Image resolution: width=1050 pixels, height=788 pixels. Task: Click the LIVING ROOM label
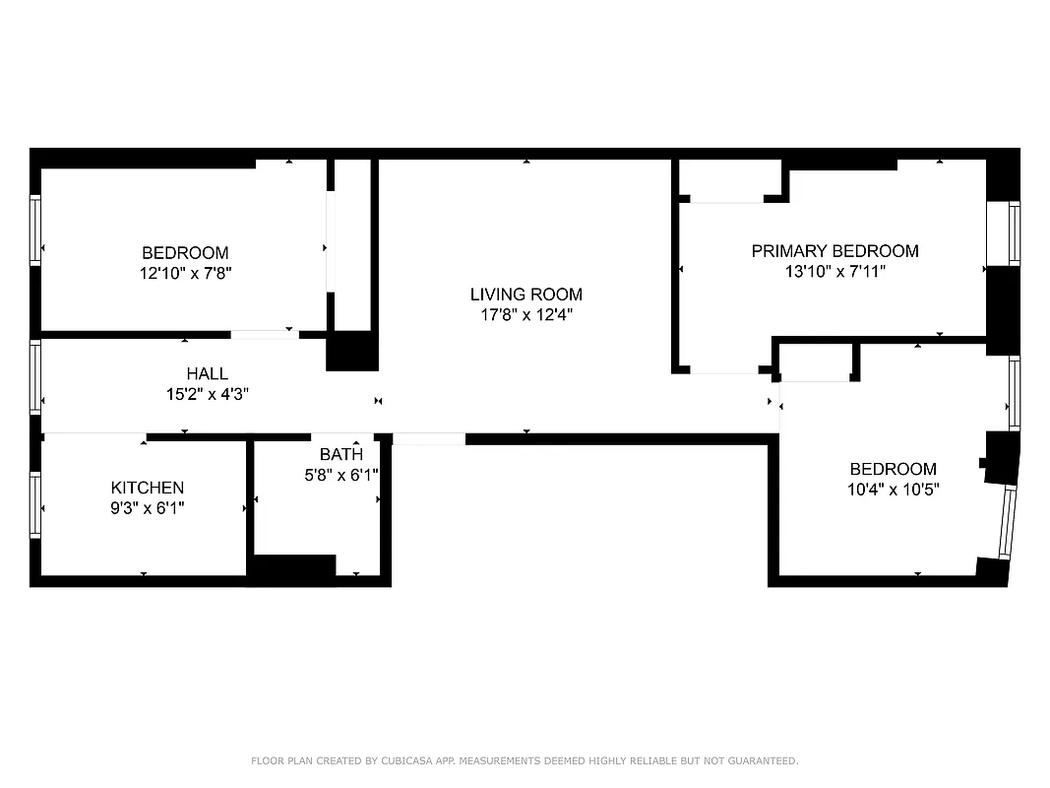(525, 294)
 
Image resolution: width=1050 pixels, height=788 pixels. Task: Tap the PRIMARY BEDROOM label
(834, 251)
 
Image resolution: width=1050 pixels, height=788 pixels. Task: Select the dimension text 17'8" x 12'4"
(525, 315)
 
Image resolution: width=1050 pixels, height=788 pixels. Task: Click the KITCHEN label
(147, 488)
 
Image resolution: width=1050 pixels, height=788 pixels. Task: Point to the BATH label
(340, 454)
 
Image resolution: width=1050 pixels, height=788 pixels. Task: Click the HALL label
(207, 373)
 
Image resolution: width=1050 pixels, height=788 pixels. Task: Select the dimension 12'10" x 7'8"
(185, 273)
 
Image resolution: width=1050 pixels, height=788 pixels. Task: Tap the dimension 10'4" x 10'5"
(894, 490)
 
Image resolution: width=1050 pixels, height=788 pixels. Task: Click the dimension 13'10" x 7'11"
(834, 272)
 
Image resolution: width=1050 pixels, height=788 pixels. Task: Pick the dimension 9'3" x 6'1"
(147, 508)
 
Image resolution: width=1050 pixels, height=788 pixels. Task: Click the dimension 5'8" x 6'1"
(340, 474)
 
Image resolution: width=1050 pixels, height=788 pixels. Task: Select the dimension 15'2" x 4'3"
(207, 394)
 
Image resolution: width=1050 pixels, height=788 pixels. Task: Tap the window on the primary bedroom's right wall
(1014, 232)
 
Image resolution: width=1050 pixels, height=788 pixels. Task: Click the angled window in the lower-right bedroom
(1006, 522)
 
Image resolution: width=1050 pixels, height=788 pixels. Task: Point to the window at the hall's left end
(35, 377)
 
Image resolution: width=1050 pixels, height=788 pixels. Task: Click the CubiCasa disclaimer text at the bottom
(525, 760)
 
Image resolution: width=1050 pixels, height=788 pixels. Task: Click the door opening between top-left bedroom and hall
(264, 335)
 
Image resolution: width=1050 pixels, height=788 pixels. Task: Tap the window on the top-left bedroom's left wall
(35, 230)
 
